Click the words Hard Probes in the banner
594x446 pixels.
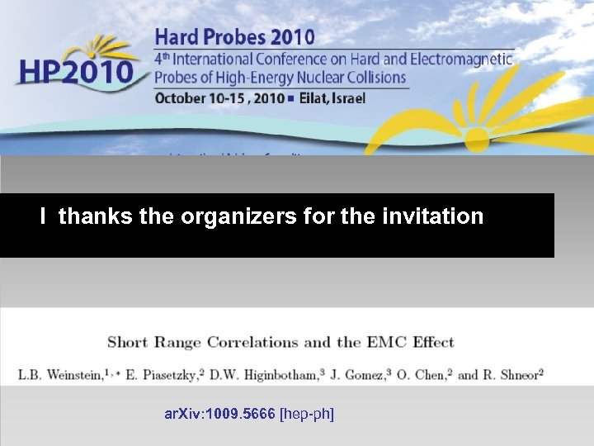click(x=204, y=36)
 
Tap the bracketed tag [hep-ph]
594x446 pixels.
click(x=308, y=413)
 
